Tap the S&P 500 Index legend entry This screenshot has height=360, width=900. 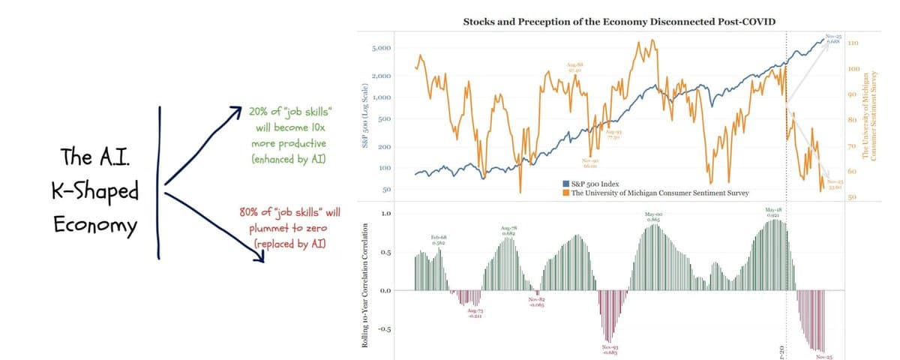coord(592,184)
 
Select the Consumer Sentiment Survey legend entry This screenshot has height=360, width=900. coord(660,193)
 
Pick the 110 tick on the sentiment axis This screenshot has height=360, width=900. coord(853,43)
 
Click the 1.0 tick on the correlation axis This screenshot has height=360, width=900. coord(385,214)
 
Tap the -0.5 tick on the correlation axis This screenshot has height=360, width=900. coord(384,329)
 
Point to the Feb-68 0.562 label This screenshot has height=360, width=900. coord(439,240)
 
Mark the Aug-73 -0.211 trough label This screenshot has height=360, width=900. coord(475,312)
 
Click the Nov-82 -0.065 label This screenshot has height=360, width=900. coord(535,303)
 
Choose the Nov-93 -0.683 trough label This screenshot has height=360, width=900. coord(610,350)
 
